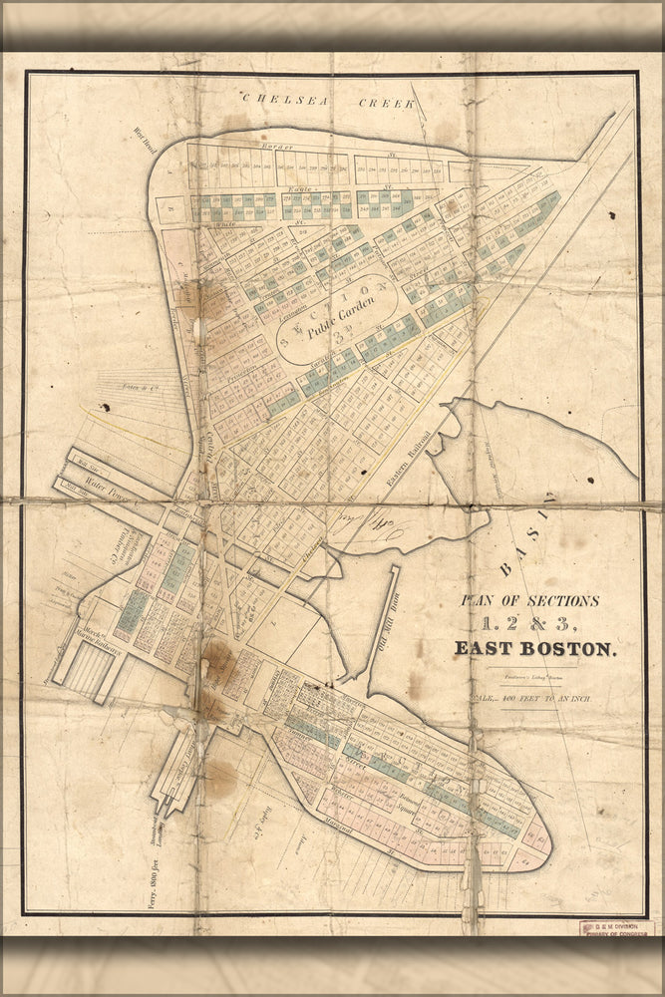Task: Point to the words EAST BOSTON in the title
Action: [535, 649]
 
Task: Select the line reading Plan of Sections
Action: [528, 601]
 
